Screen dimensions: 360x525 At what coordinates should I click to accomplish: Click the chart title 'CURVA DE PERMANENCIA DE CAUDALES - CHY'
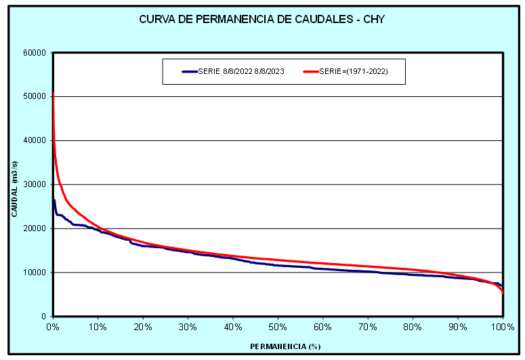(x=261, y=19)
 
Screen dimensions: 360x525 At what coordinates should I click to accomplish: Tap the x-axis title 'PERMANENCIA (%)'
(x=284, y=346)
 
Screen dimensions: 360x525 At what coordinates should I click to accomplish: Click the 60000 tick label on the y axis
(x=33, y=53)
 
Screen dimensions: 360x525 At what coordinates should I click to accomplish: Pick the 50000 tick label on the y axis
(x=33, y=97)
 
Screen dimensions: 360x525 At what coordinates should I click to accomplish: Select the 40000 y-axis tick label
(x=33, y=141)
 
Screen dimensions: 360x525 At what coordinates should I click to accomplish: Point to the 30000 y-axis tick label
(x=33, y=184)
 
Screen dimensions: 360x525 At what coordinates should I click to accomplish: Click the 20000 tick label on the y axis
(x=33, y=228)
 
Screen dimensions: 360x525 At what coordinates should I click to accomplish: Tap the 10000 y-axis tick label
(x=33, y=273)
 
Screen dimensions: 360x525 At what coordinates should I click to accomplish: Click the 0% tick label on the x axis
(x=53, y=327)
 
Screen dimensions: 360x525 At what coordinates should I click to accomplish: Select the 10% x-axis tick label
(x=98, y=327)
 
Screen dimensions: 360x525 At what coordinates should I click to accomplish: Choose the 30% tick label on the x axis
(x=188, y=327)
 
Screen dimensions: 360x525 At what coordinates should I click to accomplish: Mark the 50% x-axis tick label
(x=278, y=327)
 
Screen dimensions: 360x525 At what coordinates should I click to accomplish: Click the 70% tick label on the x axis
(x=368, y=327)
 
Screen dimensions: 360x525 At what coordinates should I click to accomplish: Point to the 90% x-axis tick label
(x=458, y=327)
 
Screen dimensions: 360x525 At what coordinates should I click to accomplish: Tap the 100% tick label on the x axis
(x=503, y=327)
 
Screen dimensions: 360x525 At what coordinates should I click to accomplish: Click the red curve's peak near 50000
(x=53, y=94)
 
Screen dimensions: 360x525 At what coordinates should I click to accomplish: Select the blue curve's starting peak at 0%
(x=54, y=199)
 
